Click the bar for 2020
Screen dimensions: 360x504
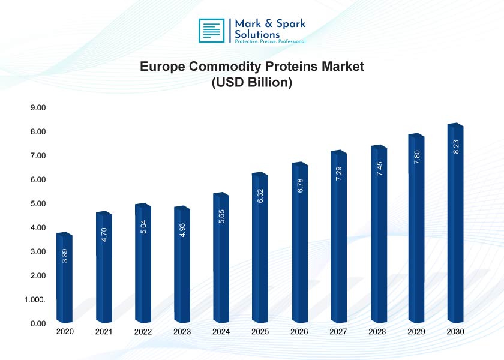(64, 279)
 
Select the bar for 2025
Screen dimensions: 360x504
(260, 249)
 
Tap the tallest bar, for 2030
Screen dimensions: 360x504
(455, 225)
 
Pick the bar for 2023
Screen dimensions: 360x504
(182, 267)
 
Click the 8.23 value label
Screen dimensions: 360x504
(455, 147)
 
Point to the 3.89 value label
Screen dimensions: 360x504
(65, 256)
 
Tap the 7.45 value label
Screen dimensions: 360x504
(379, 169)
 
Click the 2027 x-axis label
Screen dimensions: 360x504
(338, 332)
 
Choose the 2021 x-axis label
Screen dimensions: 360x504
(104, 332)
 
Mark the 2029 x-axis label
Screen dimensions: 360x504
(416, 332)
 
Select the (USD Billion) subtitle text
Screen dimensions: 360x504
(252, 83)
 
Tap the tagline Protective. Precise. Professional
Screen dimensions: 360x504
(270, 41)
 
